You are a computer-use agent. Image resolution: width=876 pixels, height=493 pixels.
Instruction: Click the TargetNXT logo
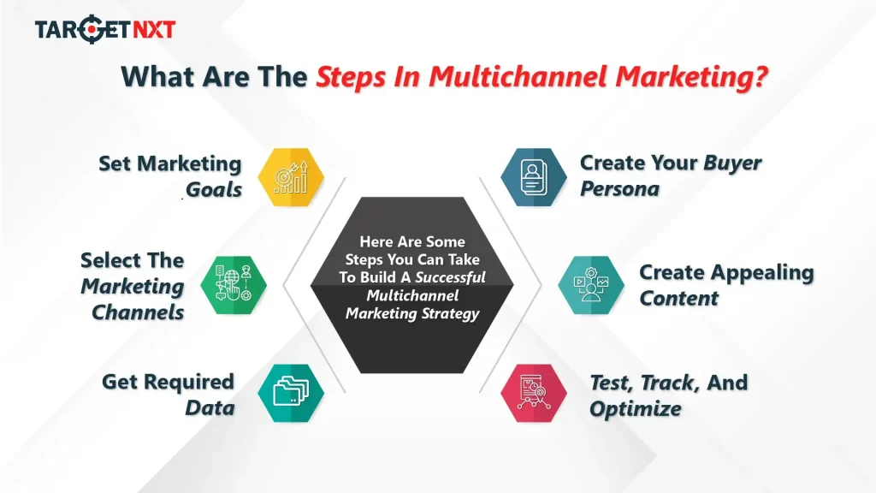pos(104,30)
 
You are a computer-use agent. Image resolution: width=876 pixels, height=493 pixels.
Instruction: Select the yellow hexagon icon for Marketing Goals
pos(291,177)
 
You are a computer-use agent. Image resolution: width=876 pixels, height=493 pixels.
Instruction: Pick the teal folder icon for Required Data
pos(291,393)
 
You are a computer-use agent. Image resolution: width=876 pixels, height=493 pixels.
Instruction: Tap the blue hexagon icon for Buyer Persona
pos(533,177)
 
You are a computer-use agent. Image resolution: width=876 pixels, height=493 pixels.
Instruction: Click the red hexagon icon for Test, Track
pos(533,393)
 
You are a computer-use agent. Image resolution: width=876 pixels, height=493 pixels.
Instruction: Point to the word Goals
pos(214,189)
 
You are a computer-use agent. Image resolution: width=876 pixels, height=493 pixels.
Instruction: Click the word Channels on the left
pos(138,312)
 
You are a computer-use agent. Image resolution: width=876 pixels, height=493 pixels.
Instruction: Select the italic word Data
pos(210,407)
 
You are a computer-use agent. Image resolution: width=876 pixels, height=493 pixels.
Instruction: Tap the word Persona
pos(619,189)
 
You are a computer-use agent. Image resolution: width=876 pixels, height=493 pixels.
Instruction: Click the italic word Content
pos(678,299)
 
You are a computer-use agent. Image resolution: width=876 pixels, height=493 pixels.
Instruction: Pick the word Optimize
pos(635,408)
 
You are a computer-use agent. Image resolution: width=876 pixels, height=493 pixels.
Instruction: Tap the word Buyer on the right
pos(732,163)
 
